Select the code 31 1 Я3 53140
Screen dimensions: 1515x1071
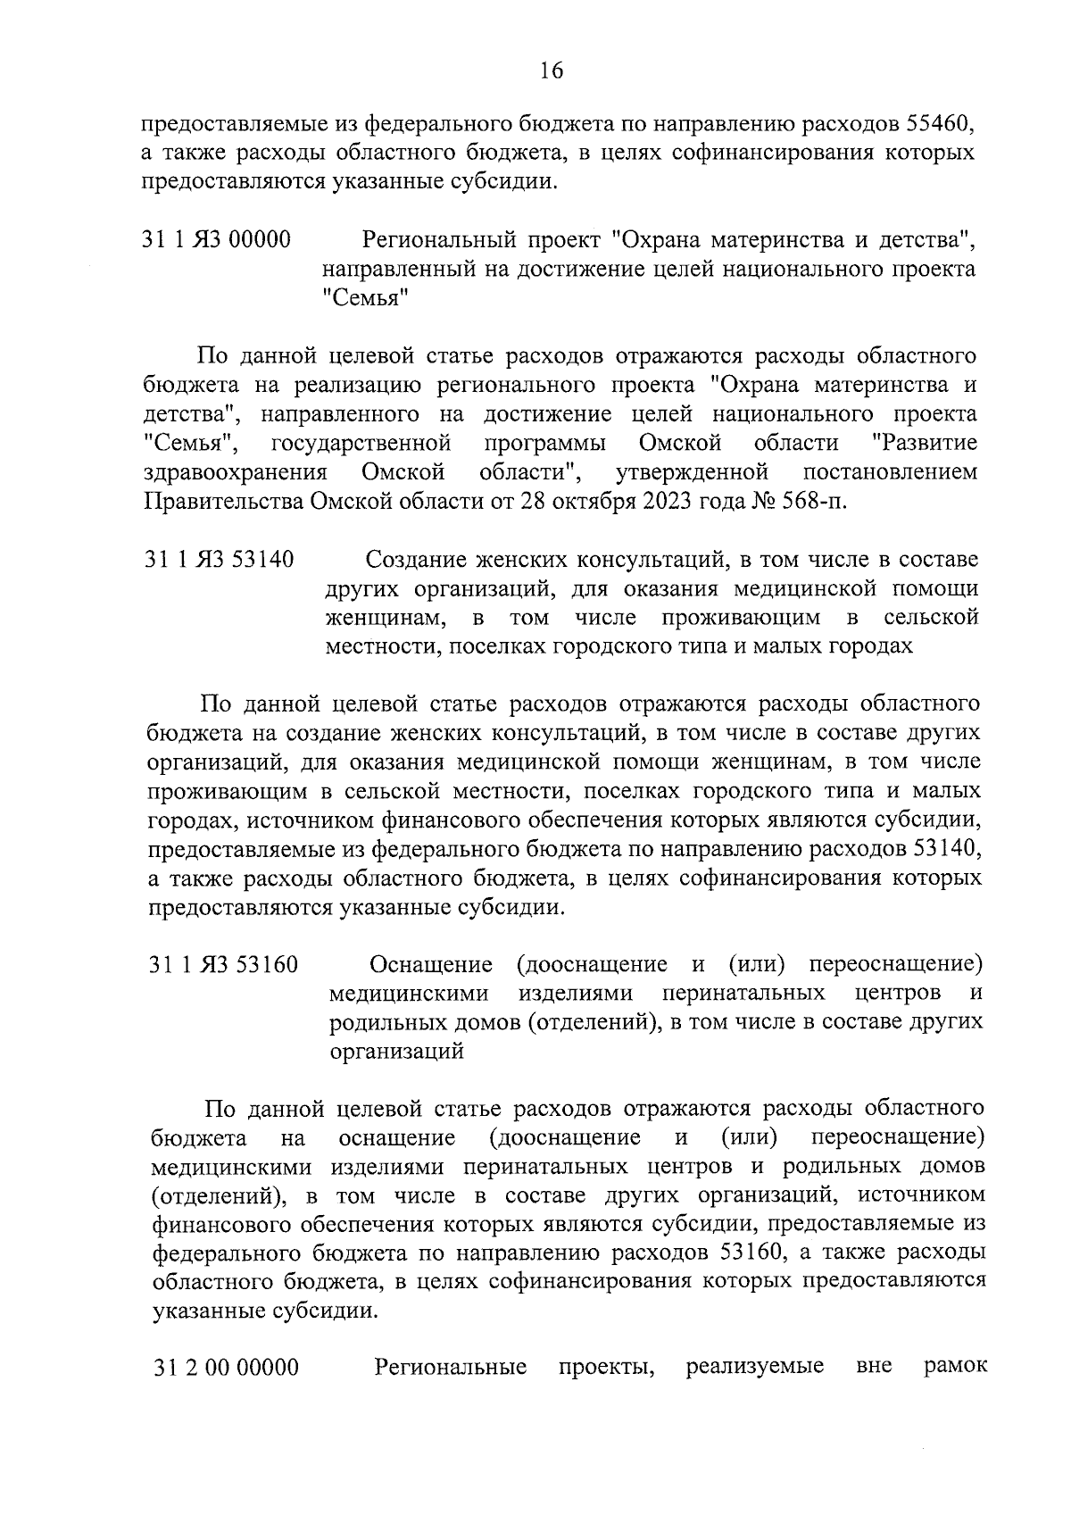coord(220,560)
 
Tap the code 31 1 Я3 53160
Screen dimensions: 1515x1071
coord(223,965)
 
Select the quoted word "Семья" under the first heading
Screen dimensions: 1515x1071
coord(365,298)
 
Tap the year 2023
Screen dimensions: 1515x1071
coord(664,500)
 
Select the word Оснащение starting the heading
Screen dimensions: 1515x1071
coord(431,964)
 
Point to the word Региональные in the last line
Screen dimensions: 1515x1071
coord(451,1368)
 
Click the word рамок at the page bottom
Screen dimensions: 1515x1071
coord(953,1368)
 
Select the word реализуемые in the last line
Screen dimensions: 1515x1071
coord(754,1368)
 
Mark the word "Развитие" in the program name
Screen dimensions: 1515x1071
coord(924,443)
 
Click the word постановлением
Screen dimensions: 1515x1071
coord(890,471)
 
